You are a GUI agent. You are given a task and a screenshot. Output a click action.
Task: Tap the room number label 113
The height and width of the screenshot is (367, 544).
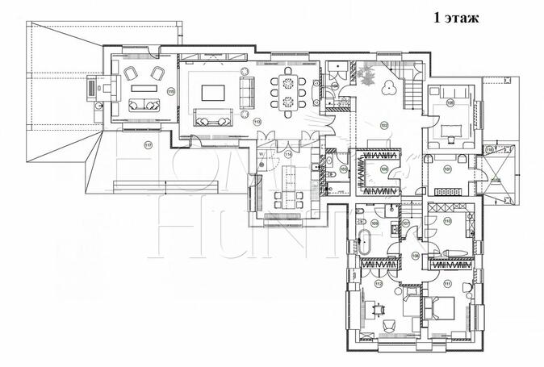pos(257,121)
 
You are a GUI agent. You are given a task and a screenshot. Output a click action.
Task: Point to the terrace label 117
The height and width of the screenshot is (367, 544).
pos(148,145)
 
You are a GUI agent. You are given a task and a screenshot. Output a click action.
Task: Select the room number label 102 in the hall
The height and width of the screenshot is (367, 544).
pos(384,125)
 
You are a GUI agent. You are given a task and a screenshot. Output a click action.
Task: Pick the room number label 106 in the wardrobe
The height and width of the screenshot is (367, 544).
pos(383,169)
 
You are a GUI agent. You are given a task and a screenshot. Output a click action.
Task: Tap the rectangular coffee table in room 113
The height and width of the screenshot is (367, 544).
pos(213,90)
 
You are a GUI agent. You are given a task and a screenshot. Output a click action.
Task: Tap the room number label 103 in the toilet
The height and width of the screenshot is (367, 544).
pos(343,169)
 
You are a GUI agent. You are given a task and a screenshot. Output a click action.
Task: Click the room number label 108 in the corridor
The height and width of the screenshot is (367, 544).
pos(416,256)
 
